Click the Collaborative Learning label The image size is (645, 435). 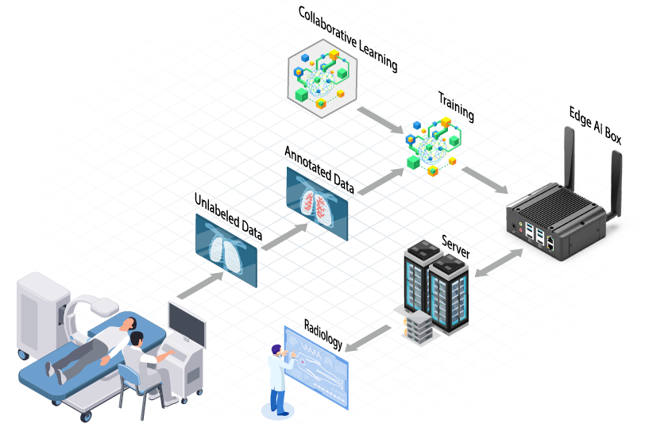coord(347,38)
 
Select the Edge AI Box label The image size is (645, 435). coord(595,125)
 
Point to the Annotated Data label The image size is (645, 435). coord(320,170)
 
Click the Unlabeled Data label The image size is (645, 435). coord(228,217)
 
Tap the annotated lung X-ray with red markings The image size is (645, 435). coord(317,202)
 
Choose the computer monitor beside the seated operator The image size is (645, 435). coord(186,321)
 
